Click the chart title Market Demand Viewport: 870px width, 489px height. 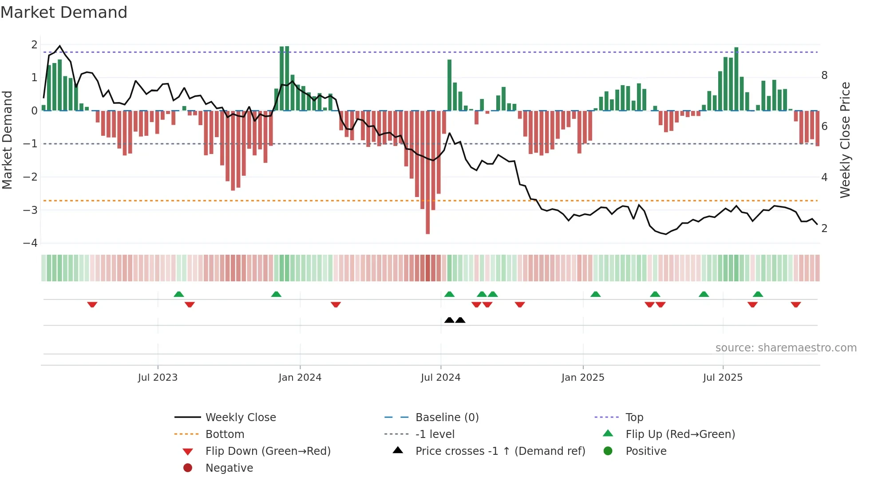pyautogui.click(x=64, y=12)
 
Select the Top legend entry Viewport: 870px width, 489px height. pyautogui.click(x=634, y=417)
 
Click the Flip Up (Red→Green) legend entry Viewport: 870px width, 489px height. pyautogui.click(x=680, y=434)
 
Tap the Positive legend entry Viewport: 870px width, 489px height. pyautogui.click(x=646, y=451)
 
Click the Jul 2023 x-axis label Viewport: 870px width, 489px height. pyautogui.click(x=158, y=377)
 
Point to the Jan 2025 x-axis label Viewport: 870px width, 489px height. pyautogui.click(x=582, y=377)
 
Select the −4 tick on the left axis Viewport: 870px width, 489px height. pyautogui.click(x=31, y=243)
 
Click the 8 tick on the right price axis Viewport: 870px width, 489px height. pyautogui.click(x=824, y=75)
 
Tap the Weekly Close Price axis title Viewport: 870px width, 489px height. pyautogui.click(x=845, y=140)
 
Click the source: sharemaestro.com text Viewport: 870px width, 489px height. pyautogui.click(x=786, y=347)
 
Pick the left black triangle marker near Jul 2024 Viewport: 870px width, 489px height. pyautogui.click(x=449, y=320)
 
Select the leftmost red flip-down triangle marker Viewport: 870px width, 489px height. pyautogui.click(x=92, y=304)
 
